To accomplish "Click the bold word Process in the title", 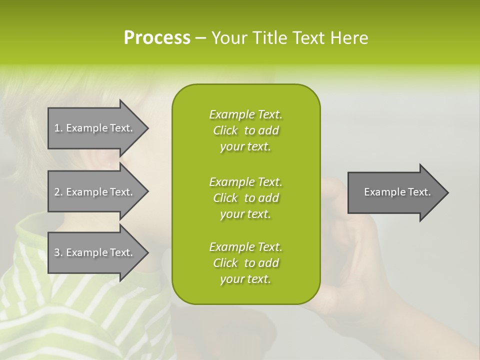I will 157,38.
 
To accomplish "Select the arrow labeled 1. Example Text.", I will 95,128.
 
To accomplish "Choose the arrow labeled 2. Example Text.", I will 95,192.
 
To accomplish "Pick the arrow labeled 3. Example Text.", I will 95,252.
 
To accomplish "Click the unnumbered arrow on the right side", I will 395,192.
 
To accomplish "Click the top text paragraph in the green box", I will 245,130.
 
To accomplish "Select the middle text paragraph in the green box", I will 245,198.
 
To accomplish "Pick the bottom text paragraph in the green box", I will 245,263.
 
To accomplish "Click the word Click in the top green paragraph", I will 225,131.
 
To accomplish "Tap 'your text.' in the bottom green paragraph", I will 245,279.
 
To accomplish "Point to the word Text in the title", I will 307,38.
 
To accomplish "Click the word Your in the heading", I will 228,38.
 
